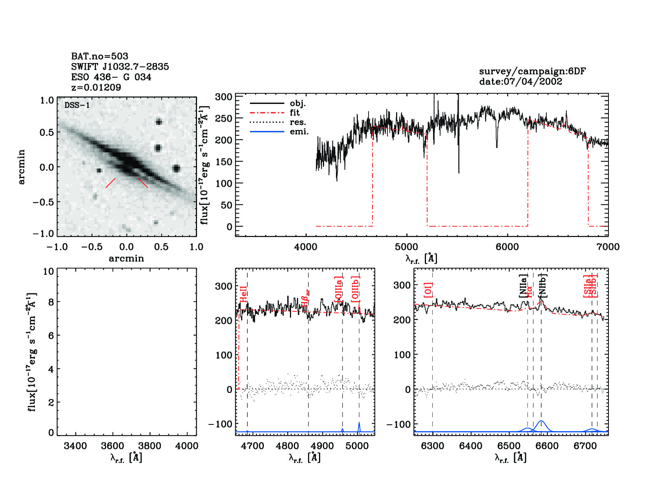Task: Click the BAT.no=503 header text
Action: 100,56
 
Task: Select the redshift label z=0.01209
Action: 96,87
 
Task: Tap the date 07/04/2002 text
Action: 520,82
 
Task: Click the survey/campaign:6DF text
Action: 532,71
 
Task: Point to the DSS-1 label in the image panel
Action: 77,105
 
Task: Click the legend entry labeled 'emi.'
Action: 299,132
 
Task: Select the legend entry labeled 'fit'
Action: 295,113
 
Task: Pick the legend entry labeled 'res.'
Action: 298,122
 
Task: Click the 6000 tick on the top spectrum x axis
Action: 507,247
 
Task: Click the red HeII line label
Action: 244,294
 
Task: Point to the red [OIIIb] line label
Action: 355,289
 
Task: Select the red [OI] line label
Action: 428,290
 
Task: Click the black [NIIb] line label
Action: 542,285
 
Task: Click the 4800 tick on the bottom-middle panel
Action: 288,446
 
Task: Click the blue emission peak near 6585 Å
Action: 542,421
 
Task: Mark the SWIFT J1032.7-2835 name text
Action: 120,67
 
